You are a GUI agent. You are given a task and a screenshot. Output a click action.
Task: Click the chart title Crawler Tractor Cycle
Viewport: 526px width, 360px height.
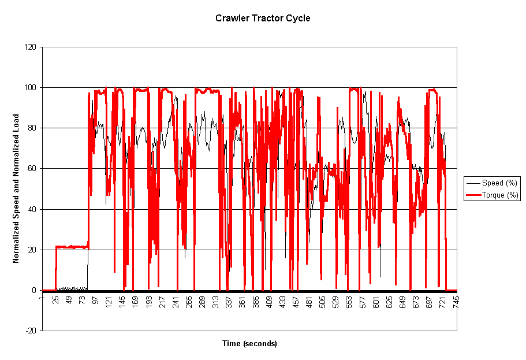(x=263, y=18)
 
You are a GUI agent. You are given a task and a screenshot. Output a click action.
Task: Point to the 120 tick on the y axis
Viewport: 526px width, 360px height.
(x=31, y=47)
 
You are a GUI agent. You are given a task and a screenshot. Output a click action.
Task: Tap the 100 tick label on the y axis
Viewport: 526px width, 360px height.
(x=31, y=88)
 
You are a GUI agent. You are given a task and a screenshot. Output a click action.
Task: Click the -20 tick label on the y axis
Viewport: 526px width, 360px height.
(x=31, y=331)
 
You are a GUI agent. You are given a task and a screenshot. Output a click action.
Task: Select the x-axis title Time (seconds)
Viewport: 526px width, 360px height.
(x=249, y=344)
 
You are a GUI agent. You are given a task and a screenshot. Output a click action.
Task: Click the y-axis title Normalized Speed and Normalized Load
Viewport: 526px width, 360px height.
(x=17, y=188)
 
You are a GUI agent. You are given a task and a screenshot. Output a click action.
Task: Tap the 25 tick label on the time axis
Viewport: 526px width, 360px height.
(x=55, y=302)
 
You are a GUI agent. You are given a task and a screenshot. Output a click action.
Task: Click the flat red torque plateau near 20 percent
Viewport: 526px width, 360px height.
(x=72, y=247)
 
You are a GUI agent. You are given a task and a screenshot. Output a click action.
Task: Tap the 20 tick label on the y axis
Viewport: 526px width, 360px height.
(x=33, y=250)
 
